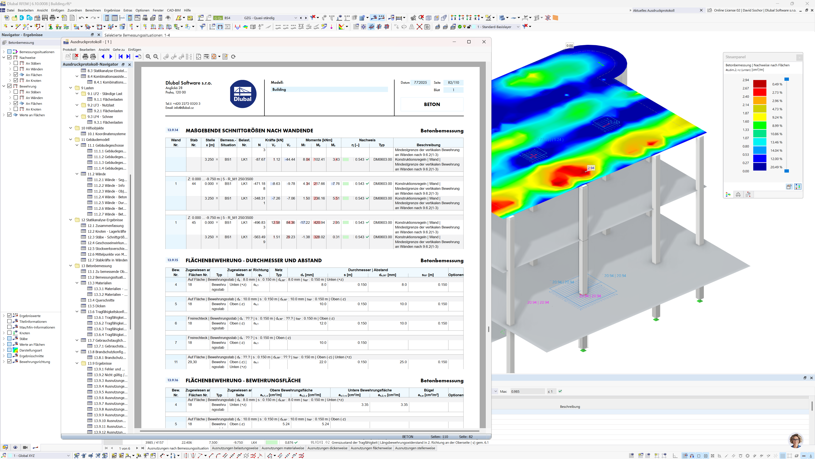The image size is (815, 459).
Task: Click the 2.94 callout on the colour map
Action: click(591, 168)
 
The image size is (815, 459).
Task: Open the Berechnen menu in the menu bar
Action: click(93, 10)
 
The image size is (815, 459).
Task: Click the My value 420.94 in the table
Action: click(319, 222)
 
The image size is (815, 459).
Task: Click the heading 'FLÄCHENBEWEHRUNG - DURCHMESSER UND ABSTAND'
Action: click(253, 260)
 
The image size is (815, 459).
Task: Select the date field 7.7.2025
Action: click(420, 82)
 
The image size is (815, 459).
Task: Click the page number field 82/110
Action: click(453, 82)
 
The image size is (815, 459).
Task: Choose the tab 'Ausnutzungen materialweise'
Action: click(282, 448)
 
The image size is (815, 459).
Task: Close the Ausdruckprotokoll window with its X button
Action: click(484, 42)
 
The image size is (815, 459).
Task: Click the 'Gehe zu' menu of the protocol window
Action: click(119, 50)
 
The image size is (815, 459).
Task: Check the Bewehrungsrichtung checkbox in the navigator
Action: click(10, 361)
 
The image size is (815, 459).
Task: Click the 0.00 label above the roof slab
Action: click(569, 46)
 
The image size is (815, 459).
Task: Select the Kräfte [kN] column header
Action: click(274, 140)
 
